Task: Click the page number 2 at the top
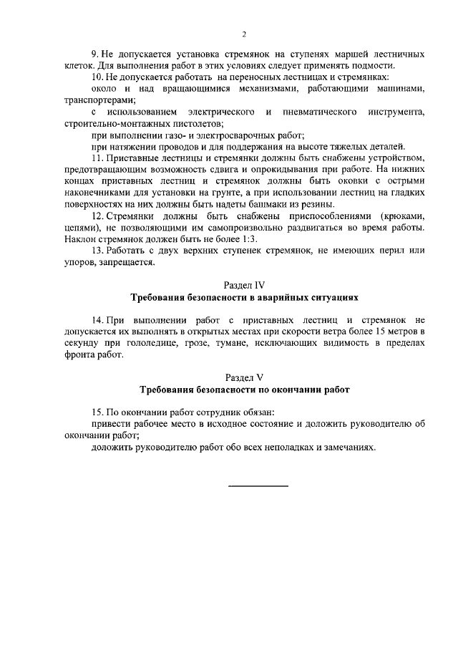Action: point(244,34)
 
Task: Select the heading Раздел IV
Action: point(244,285)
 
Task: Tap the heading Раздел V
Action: point(244,377)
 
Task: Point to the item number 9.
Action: point(95,54)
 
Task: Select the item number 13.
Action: point(99,251)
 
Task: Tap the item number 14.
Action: point(99,319)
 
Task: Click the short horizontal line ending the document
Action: point(258,486)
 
